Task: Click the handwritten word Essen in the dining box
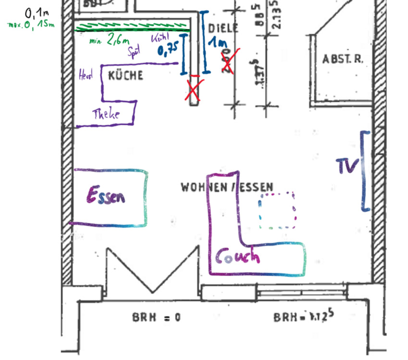[106, 195]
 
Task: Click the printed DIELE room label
[223, 28]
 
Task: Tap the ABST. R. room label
[343, 59]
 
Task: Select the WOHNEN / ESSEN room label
[227, 187]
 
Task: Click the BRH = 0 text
[156, 317]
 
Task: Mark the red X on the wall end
[194, 88]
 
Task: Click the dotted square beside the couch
[276, 210]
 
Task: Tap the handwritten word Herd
[86, 74]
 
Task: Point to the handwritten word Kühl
[160, 38]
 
